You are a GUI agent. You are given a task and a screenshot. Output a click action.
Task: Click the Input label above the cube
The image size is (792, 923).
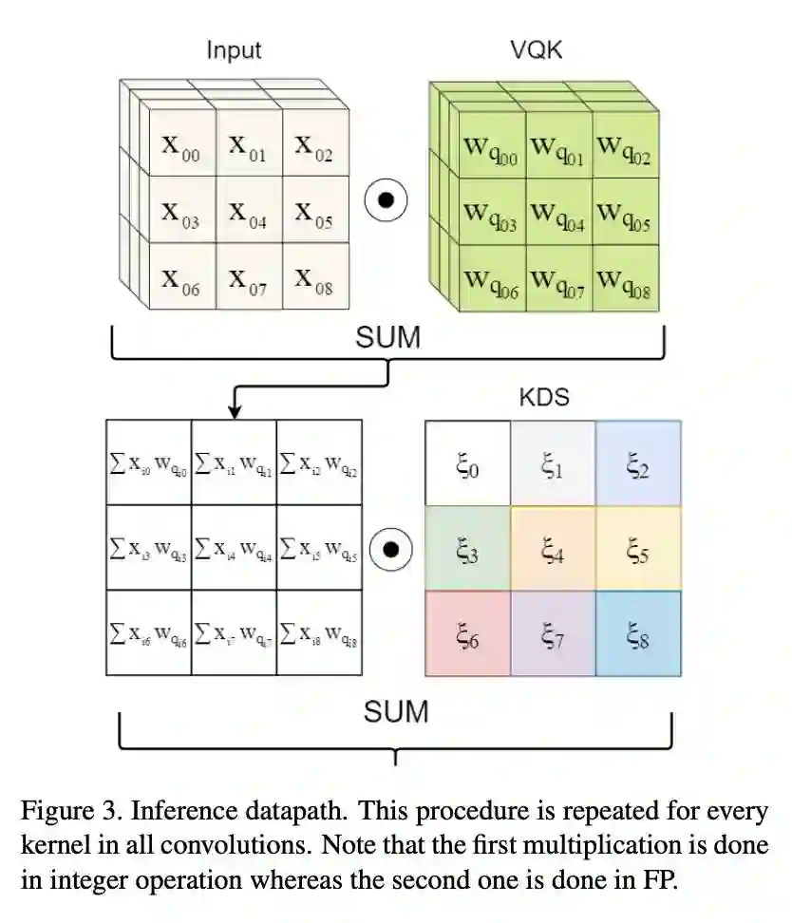234,50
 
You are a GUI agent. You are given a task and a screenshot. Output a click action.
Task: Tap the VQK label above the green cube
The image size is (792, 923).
536,50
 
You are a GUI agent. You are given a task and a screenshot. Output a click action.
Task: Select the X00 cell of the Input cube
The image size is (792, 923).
180,147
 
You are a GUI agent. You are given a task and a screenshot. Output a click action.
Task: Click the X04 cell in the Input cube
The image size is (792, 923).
247,213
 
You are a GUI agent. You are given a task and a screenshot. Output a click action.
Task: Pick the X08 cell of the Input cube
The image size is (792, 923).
313,279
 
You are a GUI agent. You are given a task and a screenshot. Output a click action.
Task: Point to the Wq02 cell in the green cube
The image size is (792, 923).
624,148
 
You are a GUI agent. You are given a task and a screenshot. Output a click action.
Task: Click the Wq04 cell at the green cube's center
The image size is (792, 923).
558,214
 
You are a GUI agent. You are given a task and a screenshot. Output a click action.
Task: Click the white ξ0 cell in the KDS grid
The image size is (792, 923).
467,463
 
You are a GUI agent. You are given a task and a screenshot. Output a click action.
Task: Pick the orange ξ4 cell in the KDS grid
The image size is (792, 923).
553,548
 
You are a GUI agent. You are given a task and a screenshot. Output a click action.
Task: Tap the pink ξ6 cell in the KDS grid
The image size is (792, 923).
467,633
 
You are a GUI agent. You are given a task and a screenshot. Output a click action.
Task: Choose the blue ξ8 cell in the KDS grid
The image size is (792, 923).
638,633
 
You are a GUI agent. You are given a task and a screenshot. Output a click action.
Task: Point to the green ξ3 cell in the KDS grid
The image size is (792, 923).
467,548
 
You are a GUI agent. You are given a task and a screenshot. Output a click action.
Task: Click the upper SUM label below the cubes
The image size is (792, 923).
387,337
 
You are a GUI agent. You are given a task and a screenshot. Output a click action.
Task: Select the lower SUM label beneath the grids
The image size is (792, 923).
396,710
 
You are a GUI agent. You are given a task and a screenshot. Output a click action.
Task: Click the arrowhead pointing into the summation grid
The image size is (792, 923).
234,411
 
